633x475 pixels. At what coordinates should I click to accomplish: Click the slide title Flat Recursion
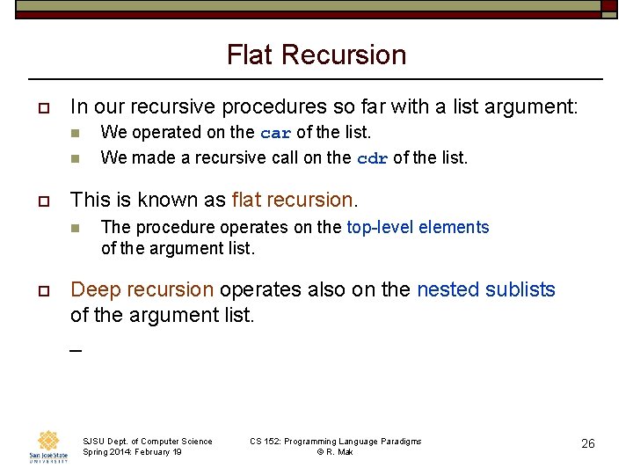point(316,55)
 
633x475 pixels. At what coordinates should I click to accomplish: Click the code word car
point(275,134)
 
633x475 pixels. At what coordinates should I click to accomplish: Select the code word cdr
point(372,159)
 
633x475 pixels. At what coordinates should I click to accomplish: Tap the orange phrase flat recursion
point(291,200)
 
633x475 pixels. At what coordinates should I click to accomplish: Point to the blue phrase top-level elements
point(418,227)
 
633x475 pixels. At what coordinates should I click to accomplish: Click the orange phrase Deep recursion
point(142,289)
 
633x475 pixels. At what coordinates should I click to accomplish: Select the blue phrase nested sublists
point(486,289)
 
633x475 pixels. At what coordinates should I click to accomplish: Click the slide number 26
point(588,443)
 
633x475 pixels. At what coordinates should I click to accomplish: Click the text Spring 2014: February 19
point(132,452)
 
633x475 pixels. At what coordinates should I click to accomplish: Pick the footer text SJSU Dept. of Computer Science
point(147,441)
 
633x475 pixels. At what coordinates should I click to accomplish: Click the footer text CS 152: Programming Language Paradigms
point(335,441)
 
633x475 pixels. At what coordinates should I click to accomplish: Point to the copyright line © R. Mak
point(334,452)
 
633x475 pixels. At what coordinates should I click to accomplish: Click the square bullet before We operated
point(76,134)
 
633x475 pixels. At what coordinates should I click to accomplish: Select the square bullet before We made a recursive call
point(76,159)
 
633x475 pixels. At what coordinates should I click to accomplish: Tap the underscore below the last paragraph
point(76,350)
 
